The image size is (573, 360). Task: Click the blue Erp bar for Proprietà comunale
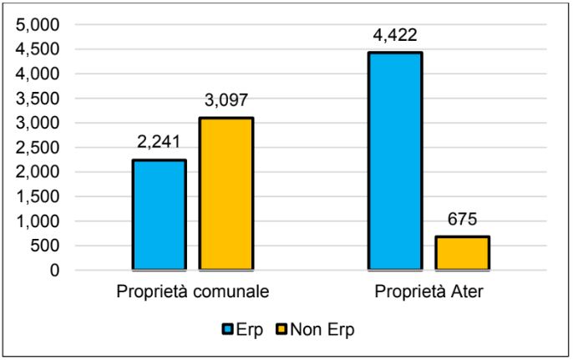159,215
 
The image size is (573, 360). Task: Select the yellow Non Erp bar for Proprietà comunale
226,194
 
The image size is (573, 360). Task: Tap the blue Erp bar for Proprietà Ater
395,161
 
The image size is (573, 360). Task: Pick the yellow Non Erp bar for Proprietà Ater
462,253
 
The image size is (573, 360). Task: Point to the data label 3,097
226,100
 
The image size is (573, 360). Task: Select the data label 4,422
395,35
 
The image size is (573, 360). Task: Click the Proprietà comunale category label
192,293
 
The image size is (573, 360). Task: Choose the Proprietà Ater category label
428,293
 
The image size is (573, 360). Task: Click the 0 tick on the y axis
54,271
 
